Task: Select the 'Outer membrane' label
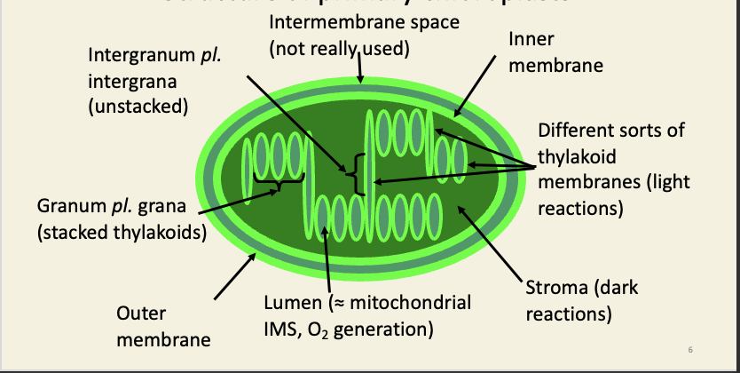tap(163, 327)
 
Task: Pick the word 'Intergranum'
tap(138, 58)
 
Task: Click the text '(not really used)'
tap(339, 48)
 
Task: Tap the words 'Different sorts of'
tap(611, 131)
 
